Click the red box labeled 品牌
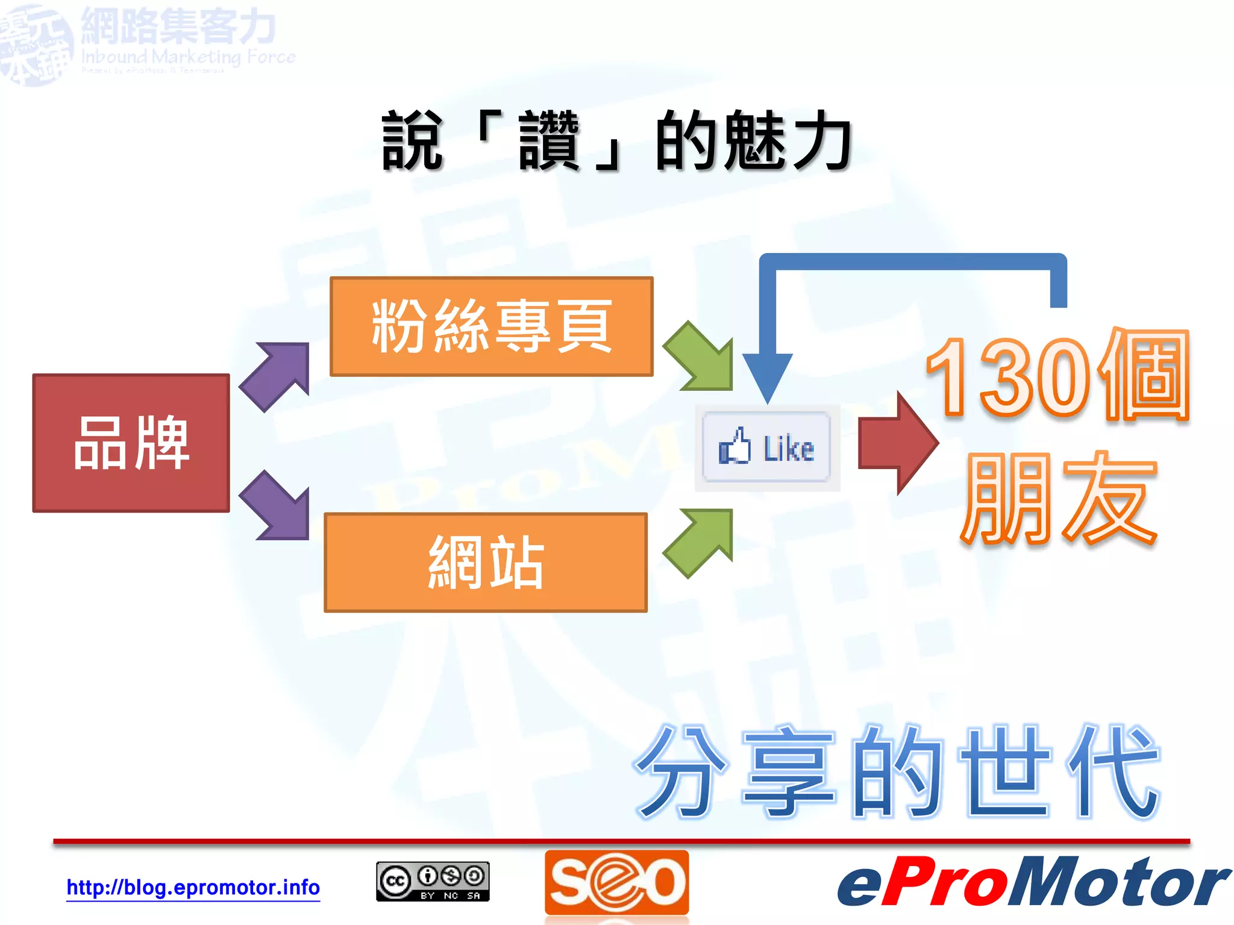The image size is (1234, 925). (131, 443)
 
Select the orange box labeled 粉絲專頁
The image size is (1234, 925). (491, 326)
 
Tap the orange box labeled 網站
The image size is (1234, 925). (485, 562)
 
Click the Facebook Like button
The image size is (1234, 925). (766, 447)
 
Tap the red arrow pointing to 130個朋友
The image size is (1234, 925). (898, 443)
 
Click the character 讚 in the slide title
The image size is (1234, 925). (548, 142)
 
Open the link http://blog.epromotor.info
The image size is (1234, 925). (193, 887)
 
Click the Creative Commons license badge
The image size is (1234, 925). (433, 882)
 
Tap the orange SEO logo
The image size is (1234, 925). (616, 882)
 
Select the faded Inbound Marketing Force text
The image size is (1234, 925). (188, 57)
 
